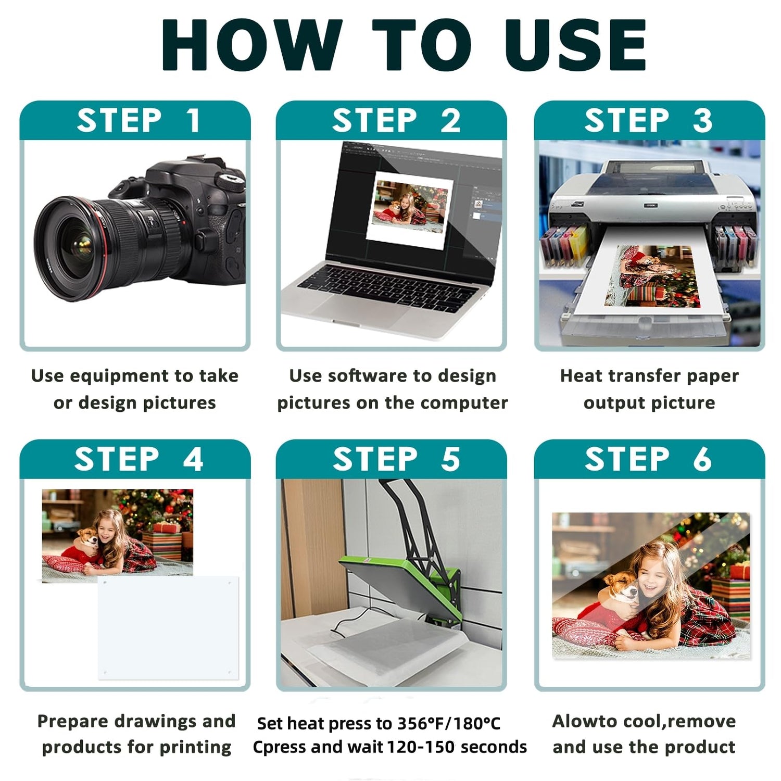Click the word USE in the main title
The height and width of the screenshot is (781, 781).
click(575, 45)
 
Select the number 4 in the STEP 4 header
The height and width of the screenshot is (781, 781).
click(193, 459)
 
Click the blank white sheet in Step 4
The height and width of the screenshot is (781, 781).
click(168, 627)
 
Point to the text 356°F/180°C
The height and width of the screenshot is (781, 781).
click(448, 723)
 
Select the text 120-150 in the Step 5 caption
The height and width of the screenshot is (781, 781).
click(414, 747)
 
